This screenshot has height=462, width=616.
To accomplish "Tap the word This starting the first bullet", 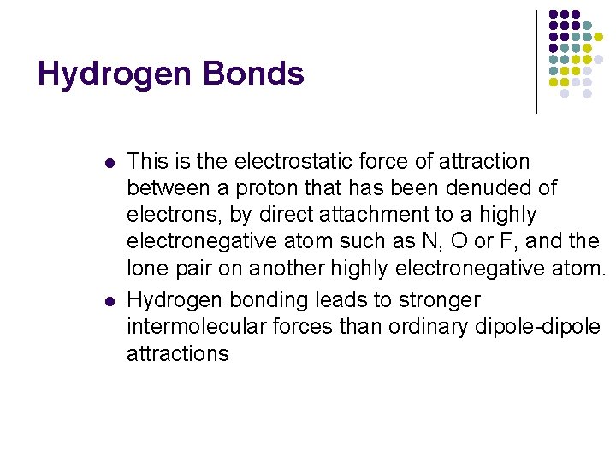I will (149, 162).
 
